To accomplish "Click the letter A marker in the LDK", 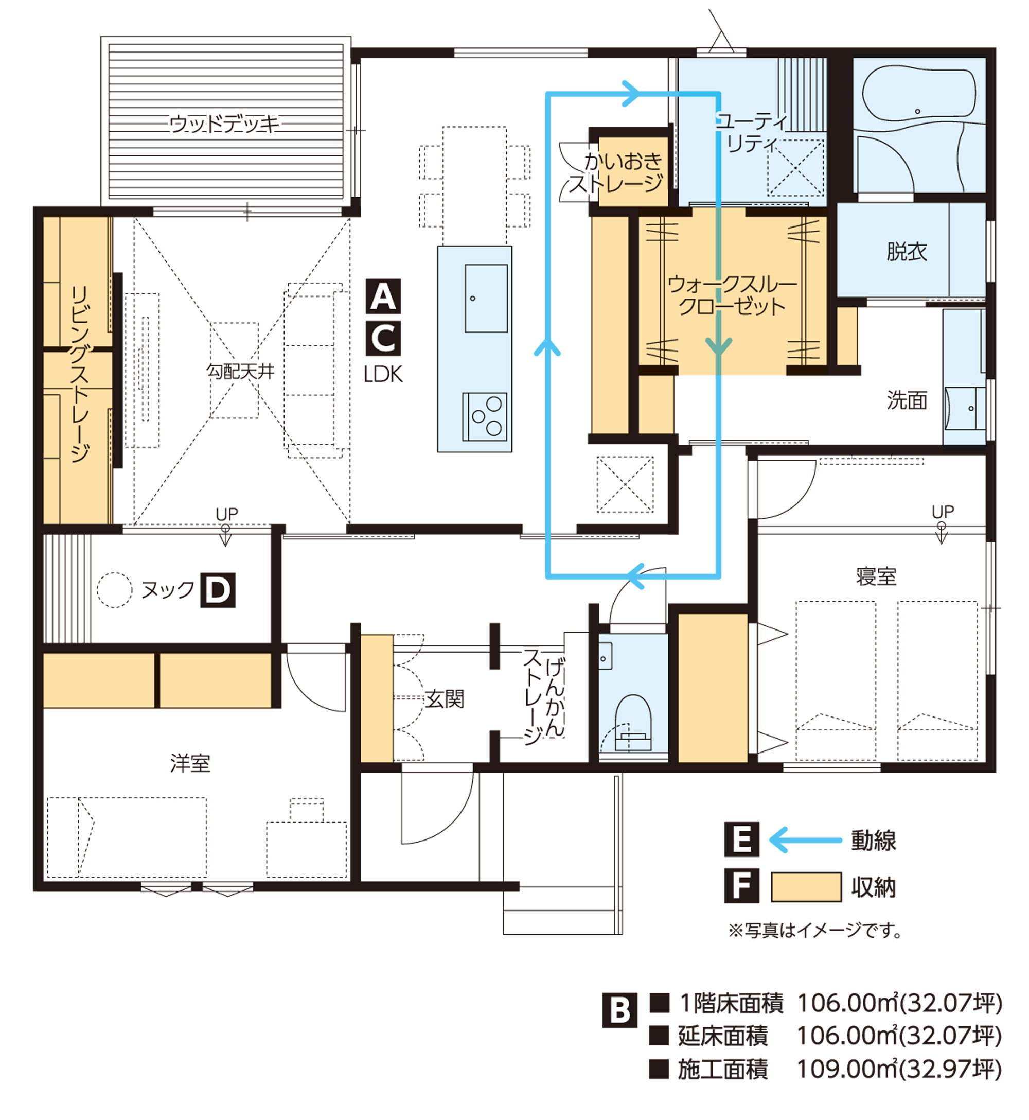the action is (x=383, y=296).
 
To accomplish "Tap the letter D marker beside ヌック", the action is (x=217, y=590).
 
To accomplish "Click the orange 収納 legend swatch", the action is (x=806, y=887).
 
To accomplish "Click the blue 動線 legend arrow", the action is (x=805, y=840).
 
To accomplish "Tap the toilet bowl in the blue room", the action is (x=633, y=722).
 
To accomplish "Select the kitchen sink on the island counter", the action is (x=486, y=299).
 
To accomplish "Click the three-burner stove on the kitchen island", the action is (x=485, y=416).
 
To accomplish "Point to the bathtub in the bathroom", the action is (x=919, y=97).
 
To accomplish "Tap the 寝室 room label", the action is (x=876, y=576).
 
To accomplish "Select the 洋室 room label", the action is (x=190, y=763).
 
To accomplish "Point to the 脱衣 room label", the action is (x=907, y=252).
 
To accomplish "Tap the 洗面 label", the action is (x=907, y=400).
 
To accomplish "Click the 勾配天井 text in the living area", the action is (x=241, y=371).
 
